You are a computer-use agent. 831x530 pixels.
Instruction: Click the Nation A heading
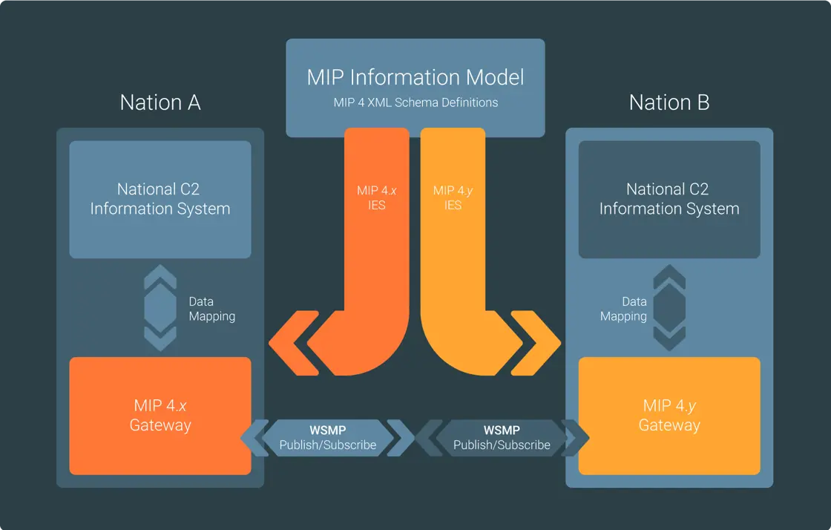(x=160, y=102)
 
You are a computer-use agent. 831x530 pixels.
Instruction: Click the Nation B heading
(x=669, y=102)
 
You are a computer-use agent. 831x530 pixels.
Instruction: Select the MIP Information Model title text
(x=415, y=77)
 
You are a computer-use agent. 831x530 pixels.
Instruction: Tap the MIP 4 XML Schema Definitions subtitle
(x=415, y=102)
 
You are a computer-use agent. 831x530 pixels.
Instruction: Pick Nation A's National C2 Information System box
(x=160, y=199)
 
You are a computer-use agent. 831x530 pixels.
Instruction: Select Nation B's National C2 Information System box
(x=669, y=199)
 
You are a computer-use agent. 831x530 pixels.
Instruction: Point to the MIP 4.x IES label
(x=377, y=197)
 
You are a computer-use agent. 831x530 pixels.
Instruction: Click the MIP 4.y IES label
(x=453, y=197)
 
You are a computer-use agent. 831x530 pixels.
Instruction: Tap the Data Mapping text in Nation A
(x=211, y=309)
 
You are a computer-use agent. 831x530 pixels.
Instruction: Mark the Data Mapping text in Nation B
(x=624, y=309)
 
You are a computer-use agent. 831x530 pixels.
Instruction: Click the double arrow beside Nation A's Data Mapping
(x=160, y=309)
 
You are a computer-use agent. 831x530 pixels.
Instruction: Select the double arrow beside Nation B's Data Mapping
(x=669, y=309)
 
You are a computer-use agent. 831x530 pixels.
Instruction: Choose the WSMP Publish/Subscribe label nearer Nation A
(x=328, y=438)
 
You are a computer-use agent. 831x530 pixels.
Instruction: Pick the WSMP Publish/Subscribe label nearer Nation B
(x=502, y=438)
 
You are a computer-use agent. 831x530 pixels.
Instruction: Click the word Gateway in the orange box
(x=160, y=425)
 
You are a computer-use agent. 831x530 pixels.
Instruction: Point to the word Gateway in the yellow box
(x=669, y=425)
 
